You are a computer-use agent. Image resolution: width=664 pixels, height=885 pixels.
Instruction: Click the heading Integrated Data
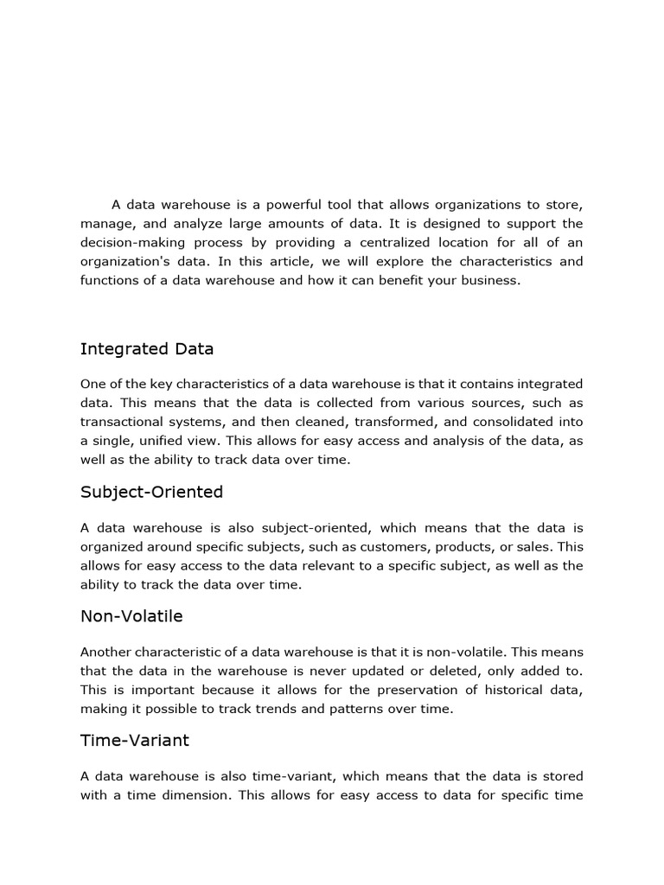(x=147, y=349)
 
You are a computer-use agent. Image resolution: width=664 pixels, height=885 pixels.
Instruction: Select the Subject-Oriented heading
(x=151, y=492)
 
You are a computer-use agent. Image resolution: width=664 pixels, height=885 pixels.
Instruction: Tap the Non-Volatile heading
(x=131, y=616)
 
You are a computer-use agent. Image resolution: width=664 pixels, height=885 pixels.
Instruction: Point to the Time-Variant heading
(x=134, y=741)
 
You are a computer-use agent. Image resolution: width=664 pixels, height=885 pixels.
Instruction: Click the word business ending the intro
(x=489, y=281)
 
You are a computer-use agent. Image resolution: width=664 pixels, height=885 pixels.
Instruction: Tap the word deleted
(x=480, y=672)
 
